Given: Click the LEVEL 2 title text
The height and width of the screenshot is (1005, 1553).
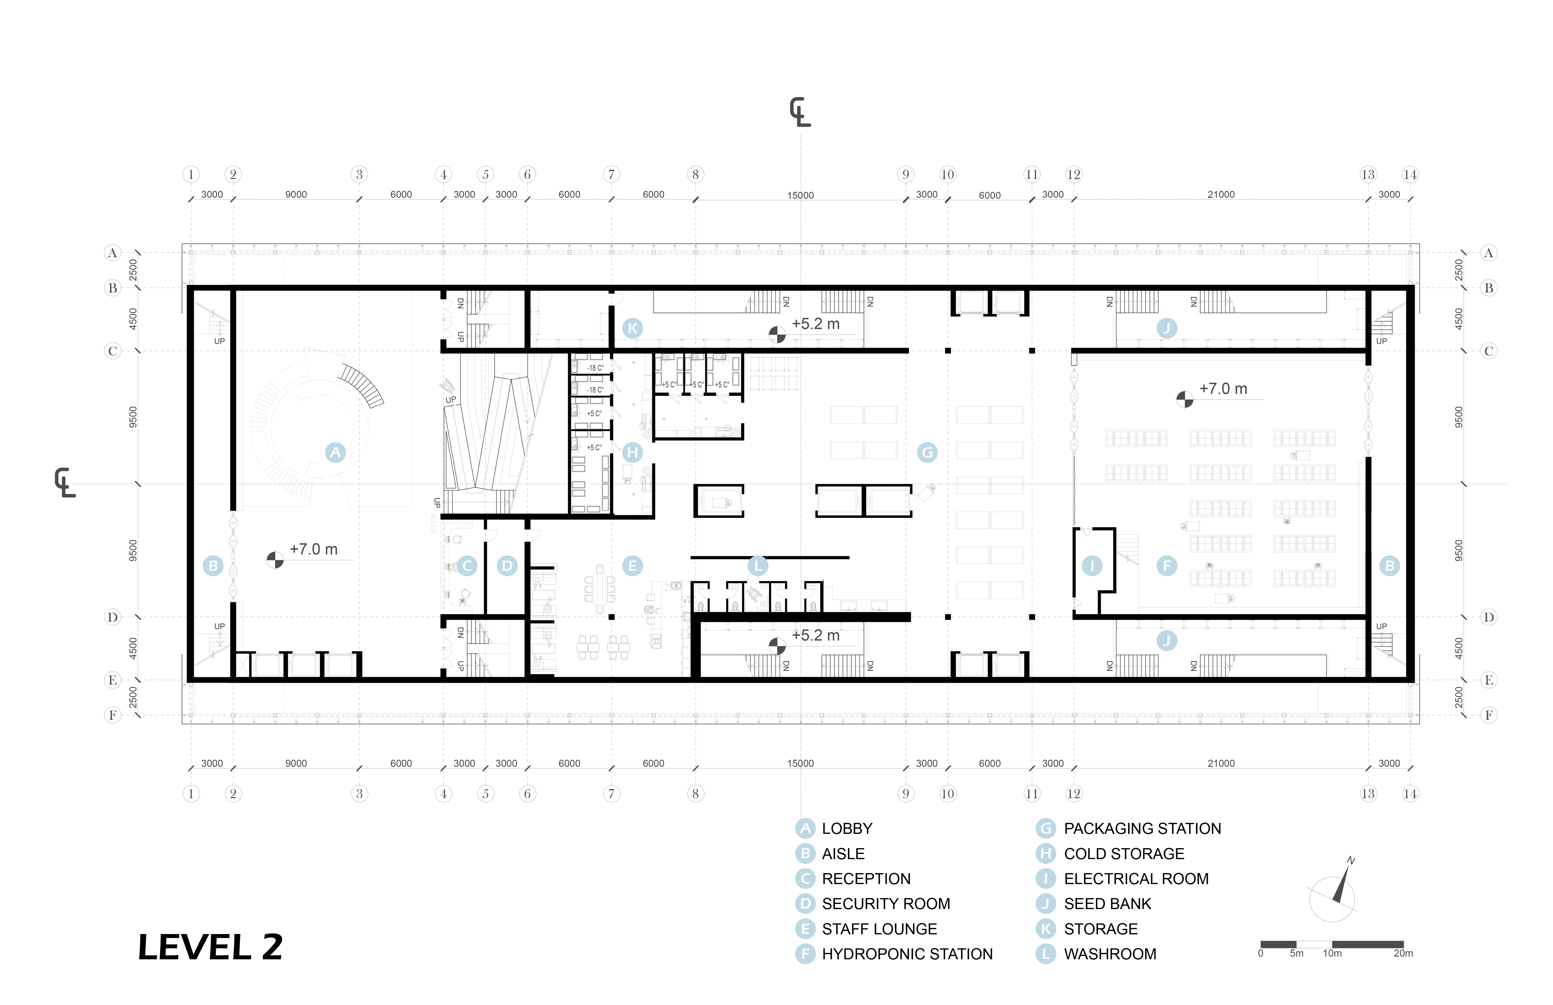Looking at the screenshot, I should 210,947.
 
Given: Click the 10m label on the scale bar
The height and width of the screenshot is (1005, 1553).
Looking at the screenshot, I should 1332,954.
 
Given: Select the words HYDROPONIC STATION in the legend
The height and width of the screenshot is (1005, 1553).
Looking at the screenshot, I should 907,954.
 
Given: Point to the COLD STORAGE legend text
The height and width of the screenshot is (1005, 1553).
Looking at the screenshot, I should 1124,854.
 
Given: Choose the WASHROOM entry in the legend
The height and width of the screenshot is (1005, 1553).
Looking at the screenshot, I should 1110,954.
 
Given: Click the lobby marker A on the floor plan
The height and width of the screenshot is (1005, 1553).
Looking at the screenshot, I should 335,452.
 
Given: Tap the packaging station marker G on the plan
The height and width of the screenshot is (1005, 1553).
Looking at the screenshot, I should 927,452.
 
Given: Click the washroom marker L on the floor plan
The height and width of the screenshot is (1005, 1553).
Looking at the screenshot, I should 758,566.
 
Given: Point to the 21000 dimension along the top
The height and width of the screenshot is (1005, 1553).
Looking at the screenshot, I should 1221,195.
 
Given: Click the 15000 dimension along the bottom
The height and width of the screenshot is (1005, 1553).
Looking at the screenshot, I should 801,763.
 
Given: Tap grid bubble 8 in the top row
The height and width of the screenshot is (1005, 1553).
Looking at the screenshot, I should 696,174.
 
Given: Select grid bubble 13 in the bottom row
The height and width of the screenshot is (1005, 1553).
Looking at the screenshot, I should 1368,794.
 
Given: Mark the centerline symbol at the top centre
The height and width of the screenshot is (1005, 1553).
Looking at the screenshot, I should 800,112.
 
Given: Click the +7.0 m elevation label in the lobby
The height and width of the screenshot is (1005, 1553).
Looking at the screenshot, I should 314,549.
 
